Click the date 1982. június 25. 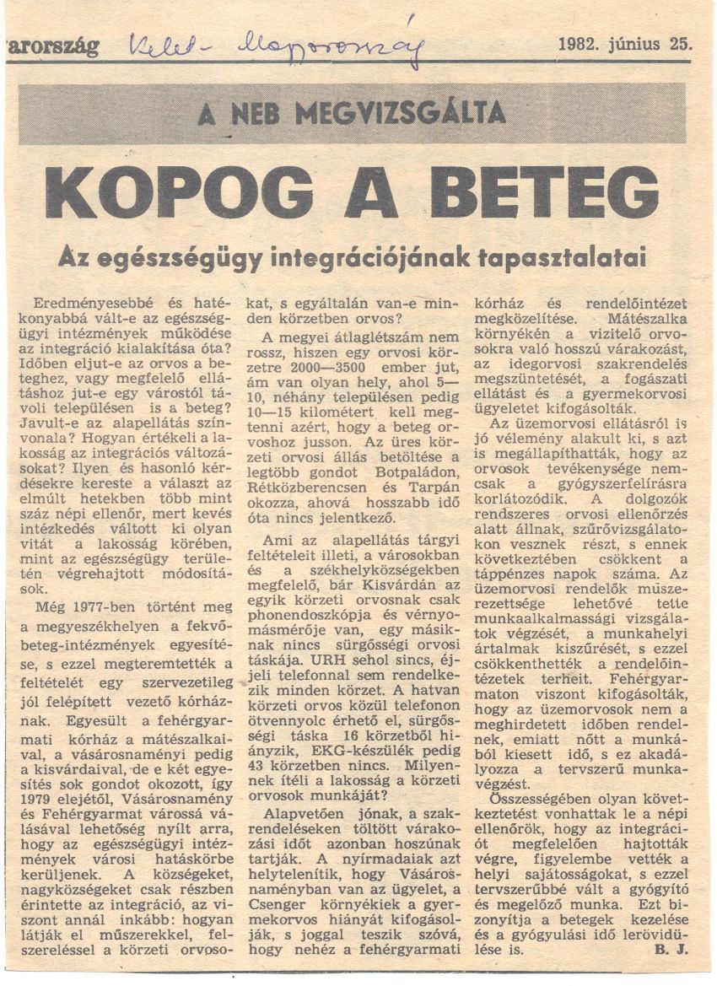(x=623, y=44)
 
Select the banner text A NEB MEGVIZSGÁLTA (x=352, y=112)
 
